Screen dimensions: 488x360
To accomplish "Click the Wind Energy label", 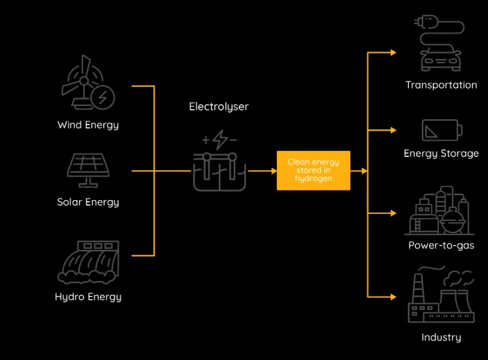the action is tap(88, 125).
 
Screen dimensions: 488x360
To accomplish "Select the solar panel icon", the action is tap(88, 170).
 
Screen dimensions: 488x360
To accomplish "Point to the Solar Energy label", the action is tap(88, 202).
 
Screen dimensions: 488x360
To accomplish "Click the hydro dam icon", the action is tap(88, 262).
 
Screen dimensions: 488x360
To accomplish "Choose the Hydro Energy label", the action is tap(88, 297).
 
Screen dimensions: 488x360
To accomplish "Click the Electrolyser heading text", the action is tap(219, 107).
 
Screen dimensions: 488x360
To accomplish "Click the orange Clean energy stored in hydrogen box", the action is tap(314, 170).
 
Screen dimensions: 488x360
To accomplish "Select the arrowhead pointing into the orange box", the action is tap(274, 171).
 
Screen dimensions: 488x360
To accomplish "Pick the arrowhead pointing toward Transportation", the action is tap(393, 53).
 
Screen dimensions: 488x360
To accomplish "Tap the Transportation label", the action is tap(441, 85).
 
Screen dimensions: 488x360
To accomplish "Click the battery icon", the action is tap(442, 130).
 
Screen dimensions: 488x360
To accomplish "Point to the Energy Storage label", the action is tap(441, 153).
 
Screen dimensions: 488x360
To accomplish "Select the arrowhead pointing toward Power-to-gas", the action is tap(393, 213).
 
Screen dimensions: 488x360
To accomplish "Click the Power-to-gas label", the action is tap(441, 246).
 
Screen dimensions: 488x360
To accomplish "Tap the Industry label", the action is tap(441, 337).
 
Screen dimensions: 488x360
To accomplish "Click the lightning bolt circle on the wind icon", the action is tap(103, 97).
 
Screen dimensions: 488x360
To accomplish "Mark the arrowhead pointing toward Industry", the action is tap(393, 297).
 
